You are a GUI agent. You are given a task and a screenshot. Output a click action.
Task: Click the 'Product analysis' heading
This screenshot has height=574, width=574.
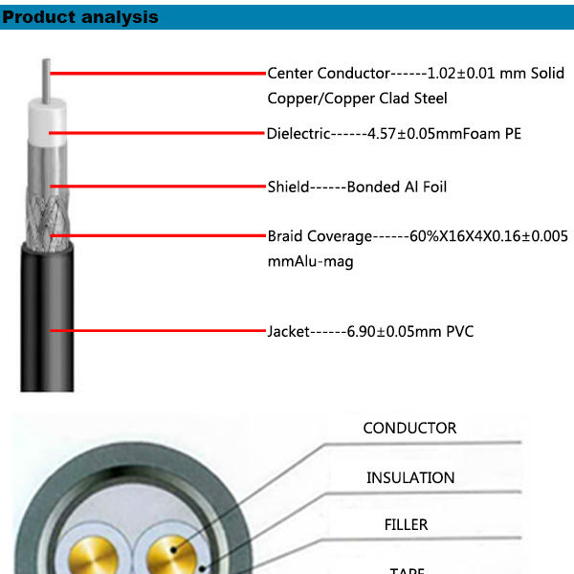(80, 17)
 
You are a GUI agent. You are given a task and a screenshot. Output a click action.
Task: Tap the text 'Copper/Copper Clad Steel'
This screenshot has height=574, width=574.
(357, 98)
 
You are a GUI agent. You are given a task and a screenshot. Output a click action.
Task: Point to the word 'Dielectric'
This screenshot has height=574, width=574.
(298, 133)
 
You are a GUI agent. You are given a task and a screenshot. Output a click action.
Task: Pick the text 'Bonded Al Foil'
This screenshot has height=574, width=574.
(396, 187)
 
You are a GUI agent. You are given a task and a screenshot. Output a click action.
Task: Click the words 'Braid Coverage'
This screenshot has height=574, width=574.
(319, 235)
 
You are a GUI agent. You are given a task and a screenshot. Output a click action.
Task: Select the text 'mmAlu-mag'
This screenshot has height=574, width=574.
(310, 260)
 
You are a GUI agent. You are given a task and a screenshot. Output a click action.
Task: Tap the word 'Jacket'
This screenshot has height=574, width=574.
(288, 332)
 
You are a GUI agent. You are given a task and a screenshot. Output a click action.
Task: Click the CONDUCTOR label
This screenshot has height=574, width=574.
(409, 428)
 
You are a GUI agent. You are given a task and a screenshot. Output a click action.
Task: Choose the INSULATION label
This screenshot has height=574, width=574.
(410, 477)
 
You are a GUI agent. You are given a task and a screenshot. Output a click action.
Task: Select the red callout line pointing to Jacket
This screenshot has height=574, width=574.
(158, 331)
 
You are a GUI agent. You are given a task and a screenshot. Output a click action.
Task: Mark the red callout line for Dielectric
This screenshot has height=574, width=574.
(158, 132)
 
